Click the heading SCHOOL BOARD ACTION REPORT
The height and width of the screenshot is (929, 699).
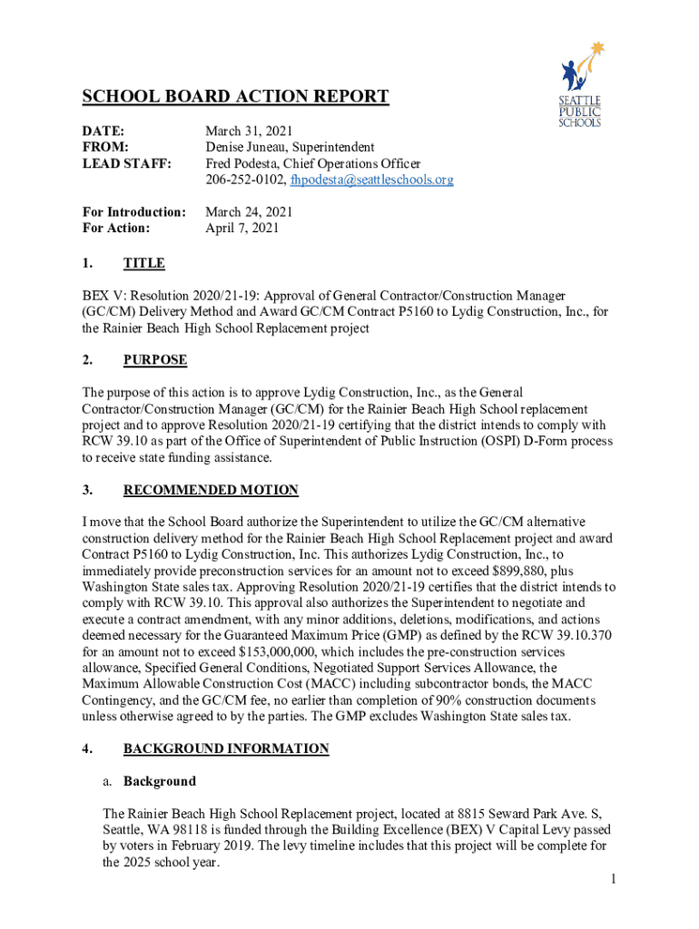tap(235, 97)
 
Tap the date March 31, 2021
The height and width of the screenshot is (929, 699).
tap(249, 132)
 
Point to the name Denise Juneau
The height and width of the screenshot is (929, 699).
tap(249, 148)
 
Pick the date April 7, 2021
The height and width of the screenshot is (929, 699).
tap(242, 229)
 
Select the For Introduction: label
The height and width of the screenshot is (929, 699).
tap(133, 212)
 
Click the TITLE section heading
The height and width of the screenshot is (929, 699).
tap(143, 264)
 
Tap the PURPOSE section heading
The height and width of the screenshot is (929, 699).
tap(155, 360)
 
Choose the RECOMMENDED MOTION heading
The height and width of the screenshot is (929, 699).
tap(211, 491)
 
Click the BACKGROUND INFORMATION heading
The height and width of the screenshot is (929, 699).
tap(226, 749)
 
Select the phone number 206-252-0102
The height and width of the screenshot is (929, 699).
tap(242, 181)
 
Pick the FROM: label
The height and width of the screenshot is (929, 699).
tap(104, 148)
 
